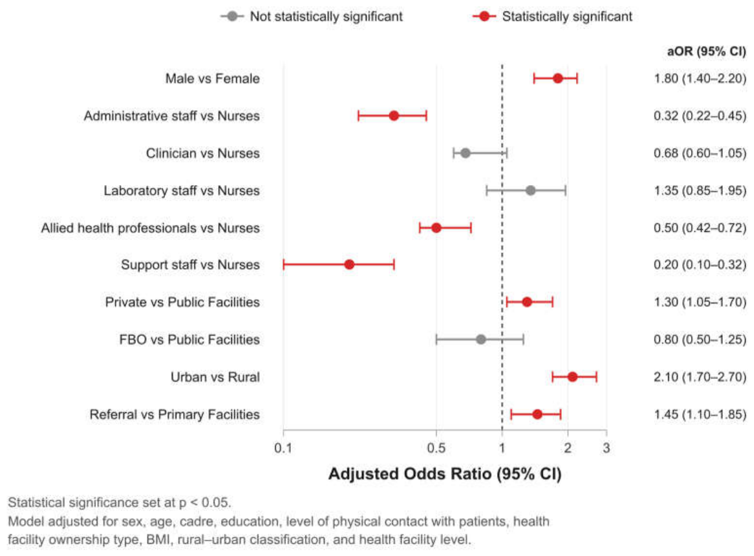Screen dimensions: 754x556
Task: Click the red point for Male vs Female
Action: [558, 78]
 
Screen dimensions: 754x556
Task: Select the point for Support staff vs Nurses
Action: [350, 264]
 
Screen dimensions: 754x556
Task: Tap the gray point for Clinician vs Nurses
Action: [465, 153]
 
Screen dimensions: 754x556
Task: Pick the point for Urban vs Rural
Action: [572, 377]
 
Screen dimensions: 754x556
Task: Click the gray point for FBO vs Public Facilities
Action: [481, 340]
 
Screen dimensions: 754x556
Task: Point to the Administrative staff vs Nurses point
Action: [394, 116]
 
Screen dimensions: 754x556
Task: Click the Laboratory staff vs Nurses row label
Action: [182, 191]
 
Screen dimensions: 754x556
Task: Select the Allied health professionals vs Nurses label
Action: [151, 228]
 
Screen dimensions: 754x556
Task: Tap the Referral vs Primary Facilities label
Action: [174, 414]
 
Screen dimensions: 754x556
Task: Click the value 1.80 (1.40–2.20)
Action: [700, 78]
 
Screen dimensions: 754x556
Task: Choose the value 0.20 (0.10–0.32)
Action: [700, 265]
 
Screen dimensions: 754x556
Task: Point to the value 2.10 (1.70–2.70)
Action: [700, 377]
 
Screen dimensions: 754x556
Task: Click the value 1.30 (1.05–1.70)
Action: [700, 302]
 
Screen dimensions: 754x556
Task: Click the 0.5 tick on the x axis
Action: [436, 448]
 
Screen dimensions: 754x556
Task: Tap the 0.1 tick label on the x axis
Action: [283, 448]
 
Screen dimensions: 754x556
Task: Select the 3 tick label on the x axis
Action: [607, 448]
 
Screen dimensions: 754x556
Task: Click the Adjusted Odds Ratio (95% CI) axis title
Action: [445, 474]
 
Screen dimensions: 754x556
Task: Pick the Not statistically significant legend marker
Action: [232, 16]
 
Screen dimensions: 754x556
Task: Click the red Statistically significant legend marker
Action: [485, 16]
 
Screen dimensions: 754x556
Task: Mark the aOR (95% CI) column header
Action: [707, 51]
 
